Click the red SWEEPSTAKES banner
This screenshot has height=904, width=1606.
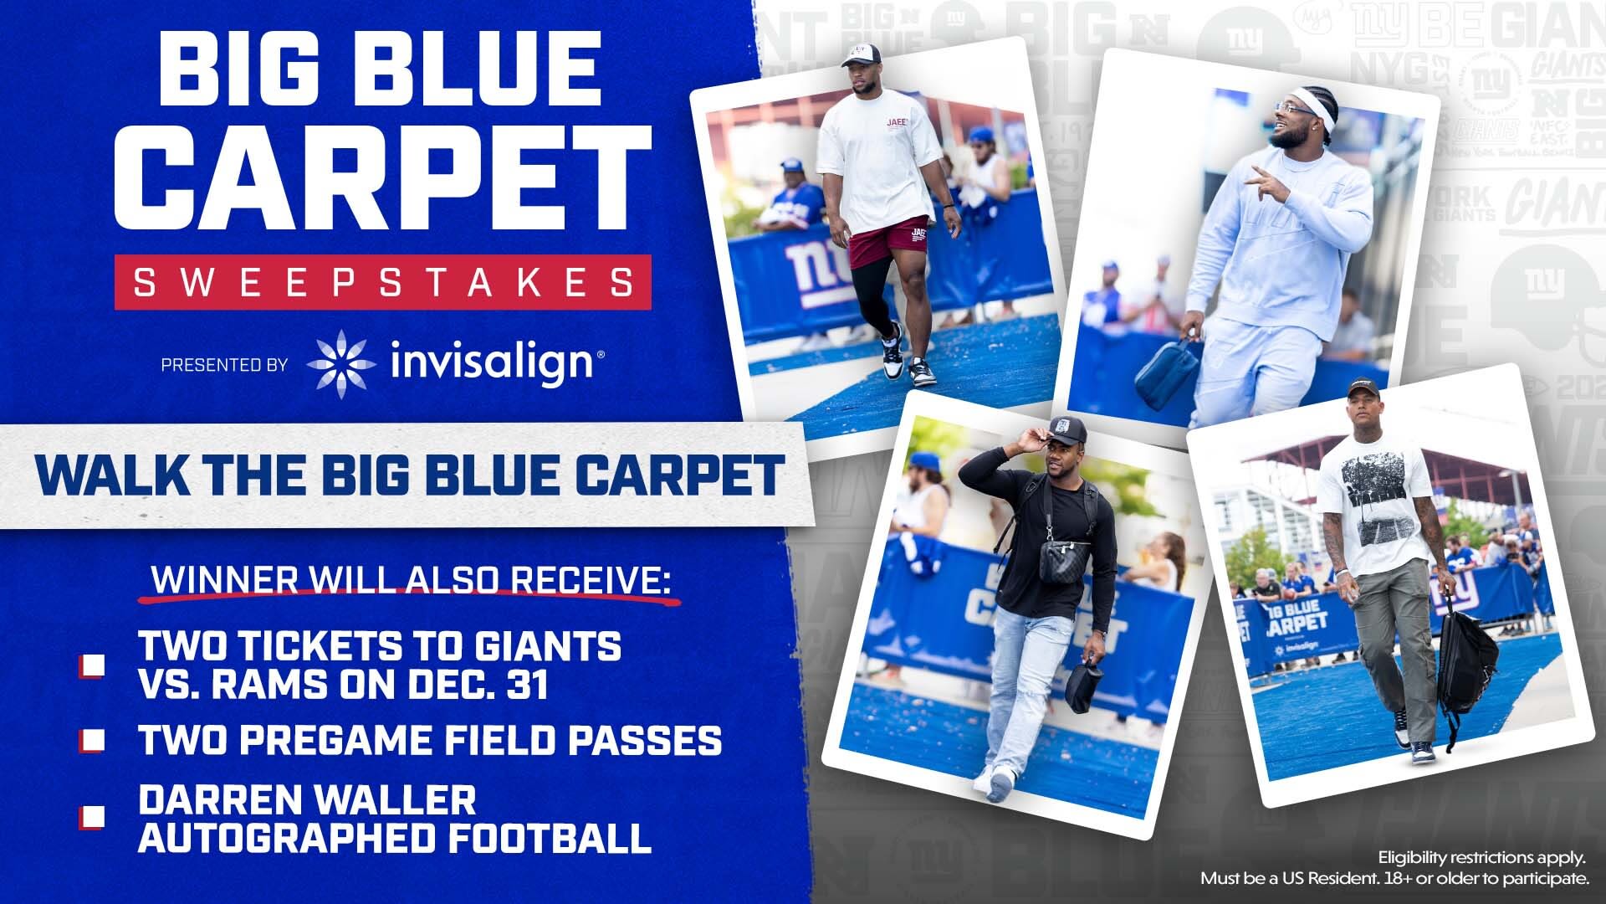click(x=383, y=282)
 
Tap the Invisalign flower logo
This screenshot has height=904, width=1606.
click(x=340, y=363)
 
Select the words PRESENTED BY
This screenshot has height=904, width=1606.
click(x=224, y=365)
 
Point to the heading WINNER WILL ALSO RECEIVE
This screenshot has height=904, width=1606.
click(x=410, y=581)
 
